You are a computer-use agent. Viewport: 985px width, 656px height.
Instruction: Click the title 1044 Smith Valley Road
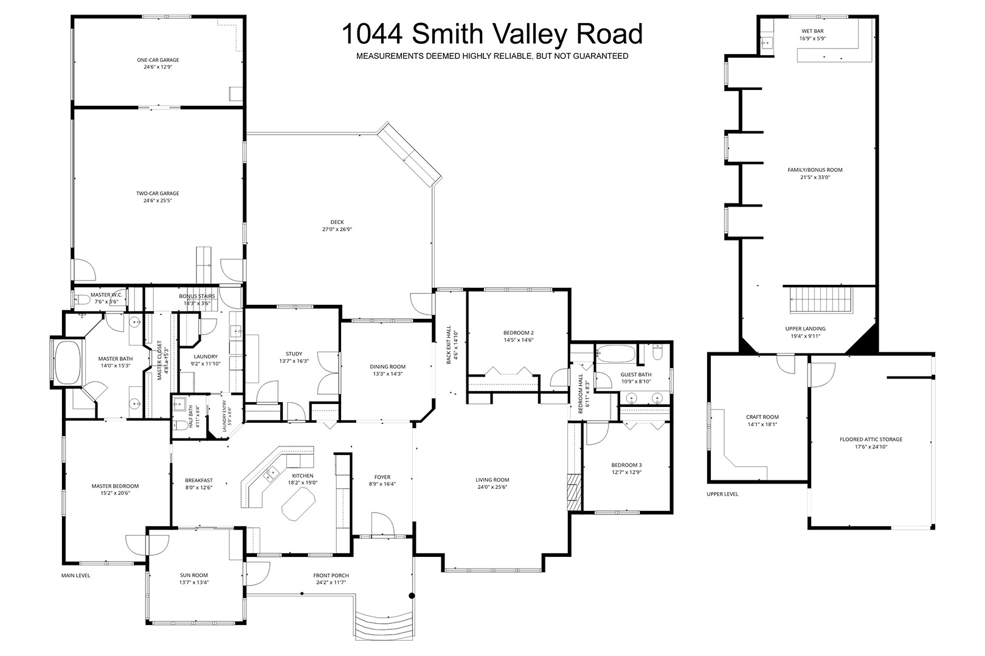click(492, 34)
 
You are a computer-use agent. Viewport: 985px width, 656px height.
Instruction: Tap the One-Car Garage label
click(158, 60)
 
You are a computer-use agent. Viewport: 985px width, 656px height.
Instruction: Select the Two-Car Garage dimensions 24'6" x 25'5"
click(157, 200)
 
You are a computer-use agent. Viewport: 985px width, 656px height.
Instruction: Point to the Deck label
click(337, 222)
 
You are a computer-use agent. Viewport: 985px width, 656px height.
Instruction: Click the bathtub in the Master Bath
click(67, 363)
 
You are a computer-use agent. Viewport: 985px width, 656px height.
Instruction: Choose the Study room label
click(294, 354)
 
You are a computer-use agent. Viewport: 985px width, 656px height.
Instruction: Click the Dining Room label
click(387, 366)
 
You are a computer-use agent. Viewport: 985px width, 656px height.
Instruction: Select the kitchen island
click(298, 503)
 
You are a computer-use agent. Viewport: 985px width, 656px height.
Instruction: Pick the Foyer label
click(382, 477)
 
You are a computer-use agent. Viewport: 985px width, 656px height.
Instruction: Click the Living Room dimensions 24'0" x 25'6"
click(493, 487)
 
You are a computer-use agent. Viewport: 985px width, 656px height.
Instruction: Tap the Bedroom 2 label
click(519, 333)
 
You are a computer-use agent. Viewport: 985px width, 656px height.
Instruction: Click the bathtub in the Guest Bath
click(615, 354)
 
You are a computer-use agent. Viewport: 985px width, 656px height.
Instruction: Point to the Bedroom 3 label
click(627, 465)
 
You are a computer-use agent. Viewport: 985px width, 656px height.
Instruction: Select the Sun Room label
click(194, 575)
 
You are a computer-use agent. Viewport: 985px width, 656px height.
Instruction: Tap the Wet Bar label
click(812, 31)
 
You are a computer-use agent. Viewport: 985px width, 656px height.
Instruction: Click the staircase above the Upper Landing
click(821, 300)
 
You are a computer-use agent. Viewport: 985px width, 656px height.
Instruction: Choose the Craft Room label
click(762, 417)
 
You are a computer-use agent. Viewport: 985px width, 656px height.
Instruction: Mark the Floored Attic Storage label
click(871, 439)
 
